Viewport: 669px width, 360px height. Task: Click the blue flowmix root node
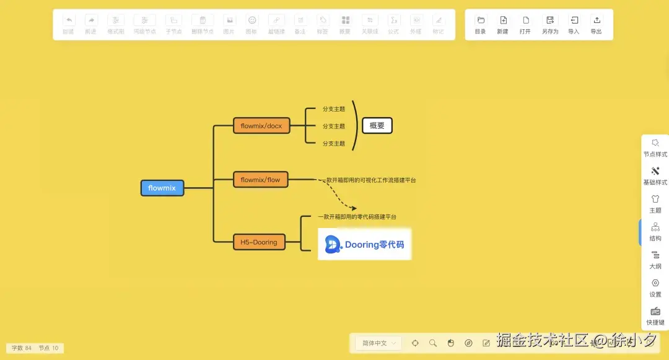pos(162,188)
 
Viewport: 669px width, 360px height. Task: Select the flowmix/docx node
pos(261,126)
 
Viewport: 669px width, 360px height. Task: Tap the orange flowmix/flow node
pos(260,180)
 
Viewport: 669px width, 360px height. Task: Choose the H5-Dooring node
pos(259,242)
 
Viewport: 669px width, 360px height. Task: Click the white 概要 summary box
pos(377,126)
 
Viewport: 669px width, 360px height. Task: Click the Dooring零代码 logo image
pos(364,244)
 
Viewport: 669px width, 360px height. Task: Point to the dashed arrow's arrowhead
pos(354,209)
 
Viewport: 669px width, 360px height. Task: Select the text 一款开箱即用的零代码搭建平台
pos(357,217)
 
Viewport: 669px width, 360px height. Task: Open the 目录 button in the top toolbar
pos(481,24)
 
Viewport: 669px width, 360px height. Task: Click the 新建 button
pos(503,24)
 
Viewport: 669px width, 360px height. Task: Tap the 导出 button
pos(596,24)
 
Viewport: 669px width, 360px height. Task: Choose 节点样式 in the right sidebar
pos(655,147)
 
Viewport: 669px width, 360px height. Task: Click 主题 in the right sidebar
pos(655,203)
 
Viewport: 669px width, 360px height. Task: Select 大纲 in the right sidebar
pos(655,259)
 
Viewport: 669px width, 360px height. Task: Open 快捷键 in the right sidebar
pos(655,315)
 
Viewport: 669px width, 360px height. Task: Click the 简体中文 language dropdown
pos(378,343)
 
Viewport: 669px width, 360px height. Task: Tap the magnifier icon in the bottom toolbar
pos(433,343)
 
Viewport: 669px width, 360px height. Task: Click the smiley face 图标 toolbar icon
pos(252,24)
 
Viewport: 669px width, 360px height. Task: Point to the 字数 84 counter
pos(22,348)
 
